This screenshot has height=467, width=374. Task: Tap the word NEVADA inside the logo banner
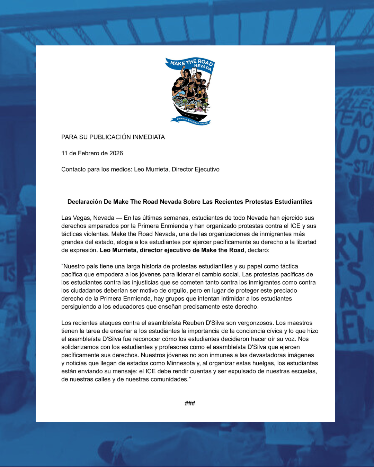[x=203, y=67]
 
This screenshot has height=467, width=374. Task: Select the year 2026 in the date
[x=116, y=153]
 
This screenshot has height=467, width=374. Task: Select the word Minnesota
[x=180, y=363]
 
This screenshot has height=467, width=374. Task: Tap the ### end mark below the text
[x=190, y=403]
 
